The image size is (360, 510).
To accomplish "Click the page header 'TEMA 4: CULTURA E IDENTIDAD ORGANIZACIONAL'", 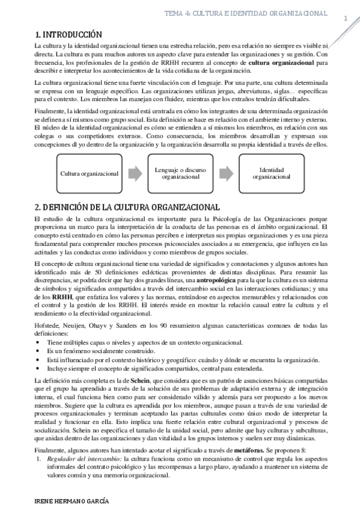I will coord(246,13).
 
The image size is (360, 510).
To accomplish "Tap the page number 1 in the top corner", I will coord(346,19).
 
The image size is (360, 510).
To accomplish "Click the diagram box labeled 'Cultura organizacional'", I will coord(90,174).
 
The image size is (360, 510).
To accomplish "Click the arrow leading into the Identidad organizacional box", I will coord(226,174).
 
